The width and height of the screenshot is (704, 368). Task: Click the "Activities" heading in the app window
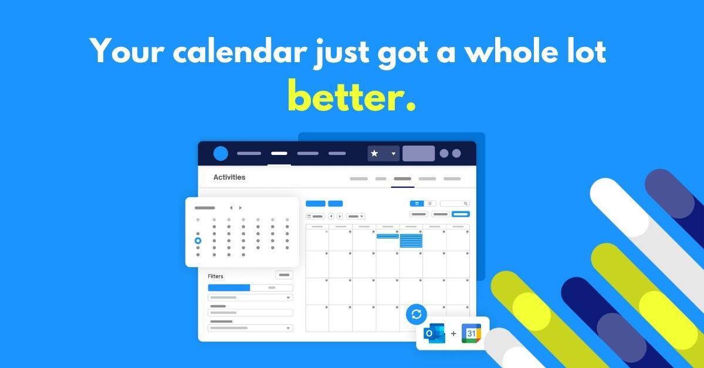click(229, 177)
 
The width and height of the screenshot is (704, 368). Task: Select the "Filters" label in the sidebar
click(215, 276)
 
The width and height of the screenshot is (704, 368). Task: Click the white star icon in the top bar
click(375, 153)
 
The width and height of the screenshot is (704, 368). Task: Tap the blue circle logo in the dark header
click(221, 153)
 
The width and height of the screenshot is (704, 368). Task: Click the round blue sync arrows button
click(417, 314)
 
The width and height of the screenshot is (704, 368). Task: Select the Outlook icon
click(435, 333)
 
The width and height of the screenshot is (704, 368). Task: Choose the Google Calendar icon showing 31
click(471, 333)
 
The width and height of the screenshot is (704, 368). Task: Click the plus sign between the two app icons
click(453, 333)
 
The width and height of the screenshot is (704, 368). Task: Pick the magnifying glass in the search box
click(465, 204)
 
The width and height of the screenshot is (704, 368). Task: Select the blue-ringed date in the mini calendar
click(198, 241)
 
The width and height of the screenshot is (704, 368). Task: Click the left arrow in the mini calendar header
click(231, 208)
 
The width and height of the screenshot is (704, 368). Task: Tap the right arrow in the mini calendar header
click(240, 208)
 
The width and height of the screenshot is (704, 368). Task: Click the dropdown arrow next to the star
click(393, 154)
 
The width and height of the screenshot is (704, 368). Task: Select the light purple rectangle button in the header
click(418, 153)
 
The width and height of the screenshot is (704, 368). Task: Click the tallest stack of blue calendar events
click(411, 241)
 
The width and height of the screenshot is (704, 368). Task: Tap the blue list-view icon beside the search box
click(417, 204)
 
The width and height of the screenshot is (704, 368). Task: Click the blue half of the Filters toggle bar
click(229, 288)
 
